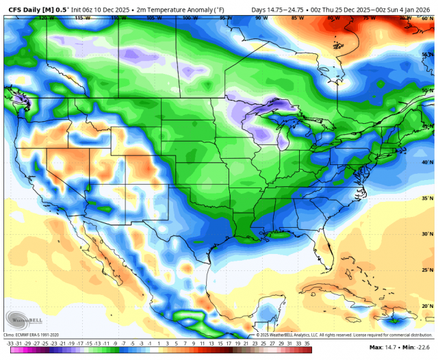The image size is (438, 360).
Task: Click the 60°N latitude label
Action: click(x=427, y=18)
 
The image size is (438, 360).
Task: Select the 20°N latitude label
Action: click(x=427, y=306)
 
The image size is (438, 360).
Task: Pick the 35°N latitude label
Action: click(x=427, y=198)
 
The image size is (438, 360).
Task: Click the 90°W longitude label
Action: click(x=261, y=18)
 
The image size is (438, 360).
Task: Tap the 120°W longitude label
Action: click(x=47, y=18)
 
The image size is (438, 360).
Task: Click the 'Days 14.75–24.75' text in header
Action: click(x=277, y=8)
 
